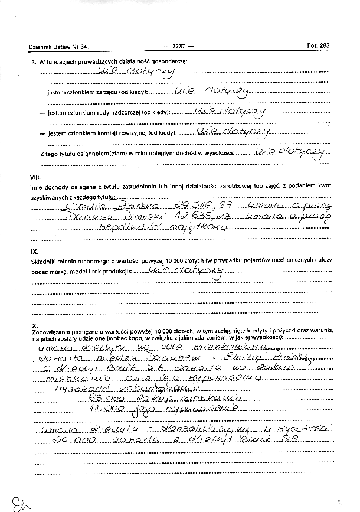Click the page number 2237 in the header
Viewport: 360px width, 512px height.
pos(178,46)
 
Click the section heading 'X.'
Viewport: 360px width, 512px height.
pos(35,325)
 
